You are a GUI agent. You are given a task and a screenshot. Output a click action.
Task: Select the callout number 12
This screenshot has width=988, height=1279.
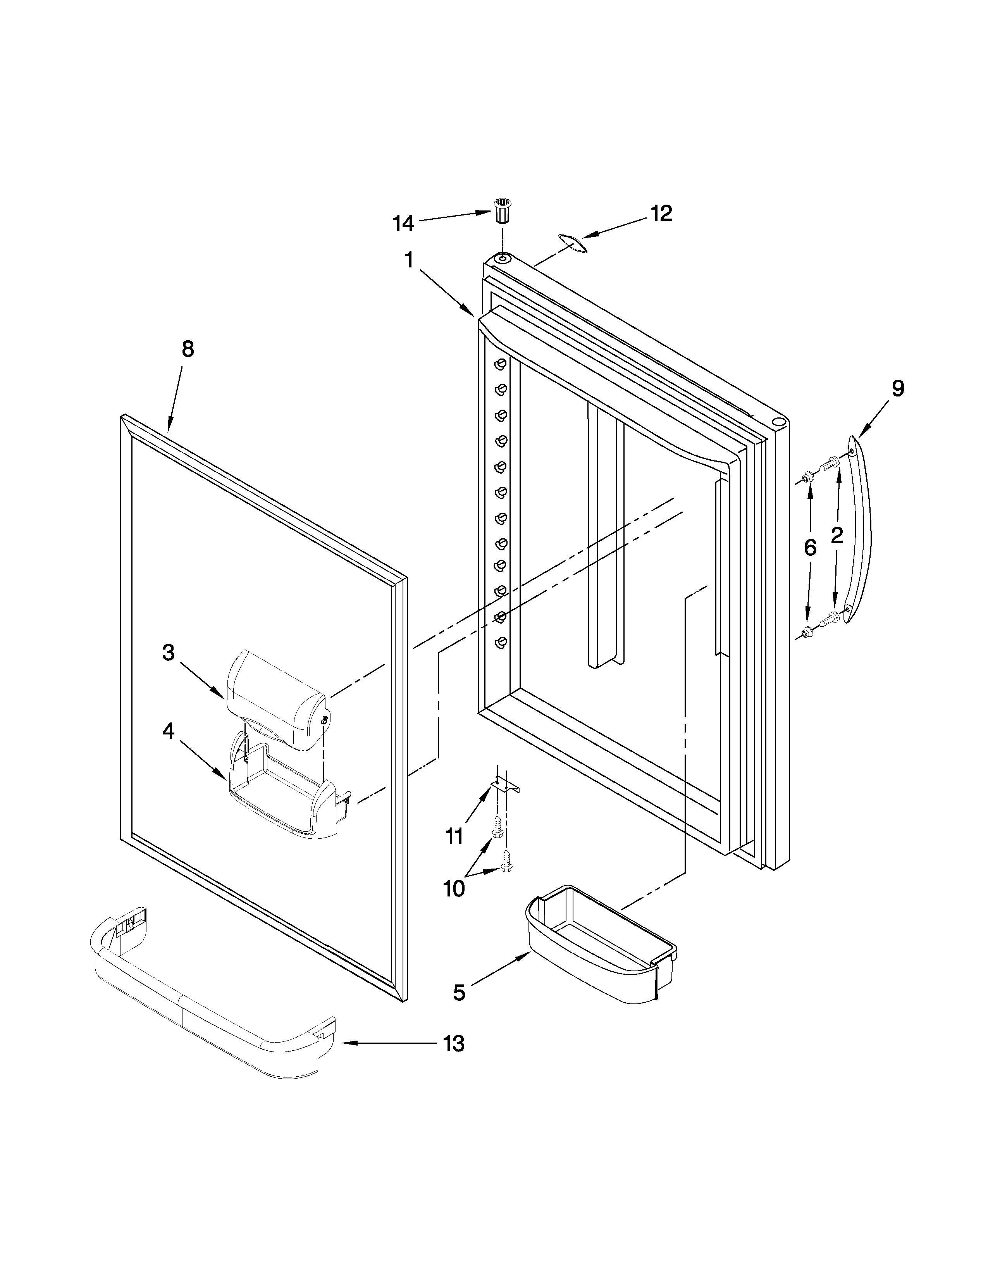click(661, 214)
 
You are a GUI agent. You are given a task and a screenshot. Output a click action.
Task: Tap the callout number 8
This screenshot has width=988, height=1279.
click(187, 349)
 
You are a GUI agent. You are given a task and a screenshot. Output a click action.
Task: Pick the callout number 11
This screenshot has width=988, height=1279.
click(454, 836)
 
